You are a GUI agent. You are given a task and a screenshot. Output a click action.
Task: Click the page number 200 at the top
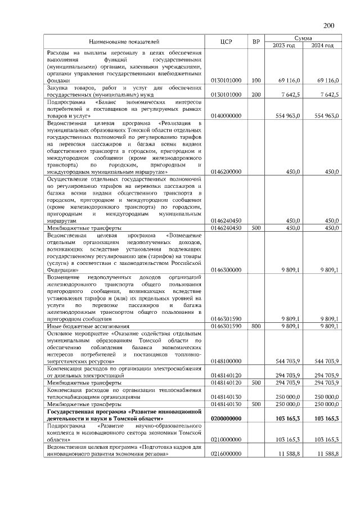(x=329, y=25)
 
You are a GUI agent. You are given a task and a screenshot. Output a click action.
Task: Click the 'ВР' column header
(x=256, y=42)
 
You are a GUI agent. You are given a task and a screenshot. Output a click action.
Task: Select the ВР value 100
(x=256, y=81)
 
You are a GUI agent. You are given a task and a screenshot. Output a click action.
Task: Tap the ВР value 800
(x=256, y=326)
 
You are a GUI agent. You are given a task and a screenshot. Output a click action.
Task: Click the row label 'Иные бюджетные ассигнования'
(x=88, y=326)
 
